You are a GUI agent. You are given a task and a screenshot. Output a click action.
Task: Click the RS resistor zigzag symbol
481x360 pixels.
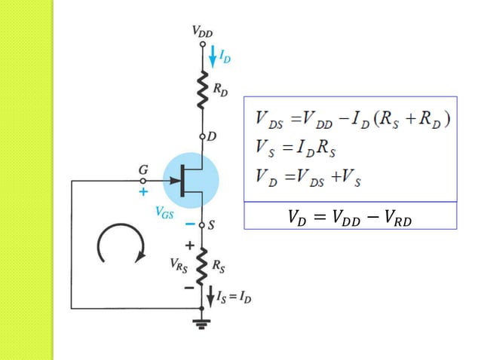(x=201, y=268)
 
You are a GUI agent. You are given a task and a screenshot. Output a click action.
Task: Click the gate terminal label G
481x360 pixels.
(x=142, y=171)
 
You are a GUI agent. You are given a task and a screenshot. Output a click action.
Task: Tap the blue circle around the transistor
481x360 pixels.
(x=190, y=181)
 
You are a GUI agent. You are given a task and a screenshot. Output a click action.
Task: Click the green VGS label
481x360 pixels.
(x=164, y=213)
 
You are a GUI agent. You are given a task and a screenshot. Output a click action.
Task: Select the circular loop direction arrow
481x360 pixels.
(x=121, y=246)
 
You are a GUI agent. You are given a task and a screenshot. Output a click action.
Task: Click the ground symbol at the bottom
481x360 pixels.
(x=202, y=324)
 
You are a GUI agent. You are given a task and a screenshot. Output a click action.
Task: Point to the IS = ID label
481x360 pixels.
(x=234, y=298)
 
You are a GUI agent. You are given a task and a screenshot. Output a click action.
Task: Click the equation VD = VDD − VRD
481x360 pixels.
(x=351, y=217)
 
